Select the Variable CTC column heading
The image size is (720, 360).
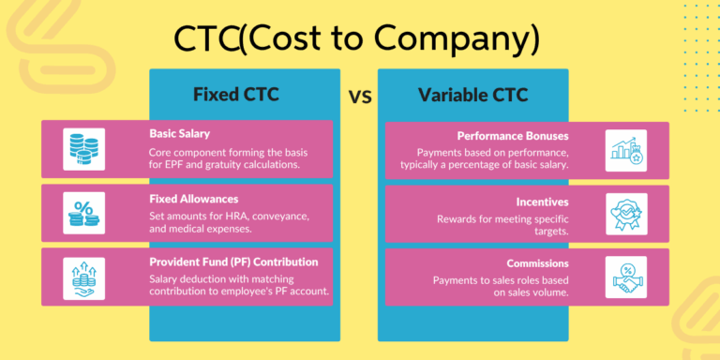click(x=472, y=95)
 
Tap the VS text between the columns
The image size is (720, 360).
click(x=359, y=96)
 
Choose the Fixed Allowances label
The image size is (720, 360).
click(x=193, y=199)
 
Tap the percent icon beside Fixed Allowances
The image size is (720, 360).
click(x=83, y=212)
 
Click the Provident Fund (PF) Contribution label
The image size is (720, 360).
click(x=233, y=262)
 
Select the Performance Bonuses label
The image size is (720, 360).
click(x=514, y=136)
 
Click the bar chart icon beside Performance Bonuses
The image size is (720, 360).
click(x=625, y=149)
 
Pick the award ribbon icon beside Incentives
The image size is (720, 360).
click(x=625, y=213)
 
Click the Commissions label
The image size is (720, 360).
click(x=538, y=263)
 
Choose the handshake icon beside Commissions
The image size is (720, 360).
click(x=625, y=276)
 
